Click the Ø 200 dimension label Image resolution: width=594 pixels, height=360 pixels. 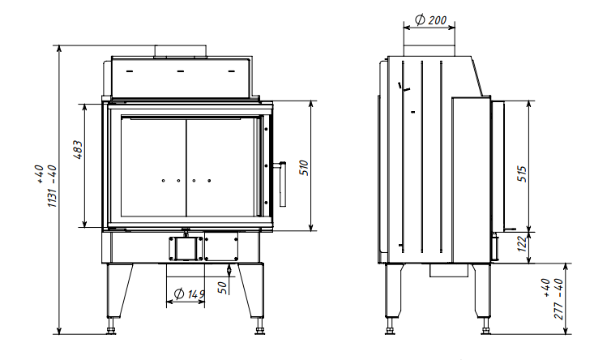(431, 19)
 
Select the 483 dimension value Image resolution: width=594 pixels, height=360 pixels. (77, 150)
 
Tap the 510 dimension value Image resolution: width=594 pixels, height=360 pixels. (304, 168)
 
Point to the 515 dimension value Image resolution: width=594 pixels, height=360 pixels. (522, 174)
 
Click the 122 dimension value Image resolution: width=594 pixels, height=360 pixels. (522, 244)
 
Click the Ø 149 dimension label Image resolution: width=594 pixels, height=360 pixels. (189, 294)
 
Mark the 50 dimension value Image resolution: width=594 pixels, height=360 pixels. (224, 288)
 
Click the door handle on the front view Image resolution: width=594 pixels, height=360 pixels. (282, 183)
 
